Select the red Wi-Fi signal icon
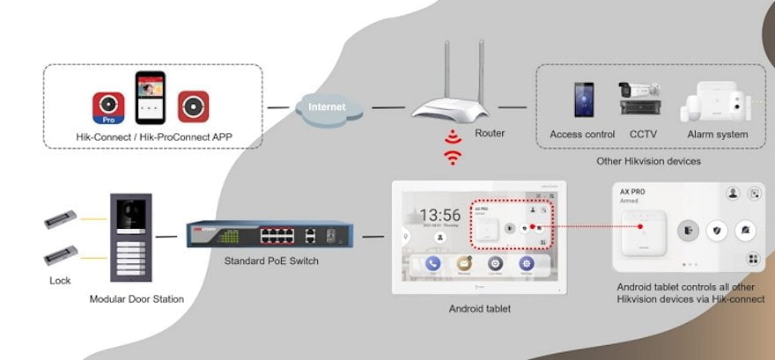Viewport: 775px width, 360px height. (x=453, y=149)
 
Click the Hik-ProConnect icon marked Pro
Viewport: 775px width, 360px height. (x=108, y=107)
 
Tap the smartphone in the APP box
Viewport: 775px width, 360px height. (x=151, y=99)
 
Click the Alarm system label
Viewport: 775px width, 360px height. (x=718, y=135)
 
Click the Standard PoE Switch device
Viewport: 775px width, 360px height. (x=262, y=235)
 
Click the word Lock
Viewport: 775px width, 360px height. (x=60, y=281)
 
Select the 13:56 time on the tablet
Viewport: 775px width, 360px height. (x=439, y=215)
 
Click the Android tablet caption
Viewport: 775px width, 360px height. (x=479, y=308)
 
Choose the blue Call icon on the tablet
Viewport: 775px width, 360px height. (x=432, y=263)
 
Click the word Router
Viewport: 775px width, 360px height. (x=490, y=134)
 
